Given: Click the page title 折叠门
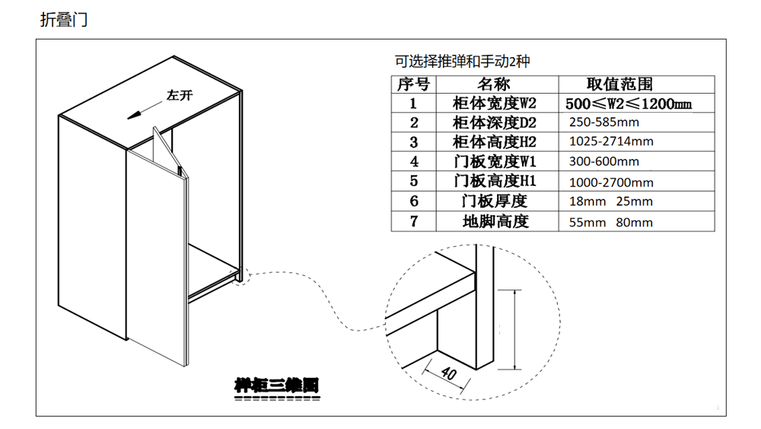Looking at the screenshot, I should point(63,20).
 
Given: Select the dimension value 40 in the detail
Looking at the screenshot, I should point(447,373).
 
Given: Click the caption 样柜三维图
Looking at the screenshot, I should point(276,386).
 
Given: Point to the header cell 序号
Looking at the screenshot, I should point(413,85).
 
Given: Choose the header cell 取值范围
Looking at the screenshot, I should point(619,85).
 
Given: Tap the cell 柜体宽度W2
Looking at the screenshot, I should point(495,104).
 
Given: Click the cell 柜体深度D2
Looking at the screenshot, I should point(495,123).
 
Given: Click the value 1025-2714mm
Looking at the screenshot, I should point(611,142).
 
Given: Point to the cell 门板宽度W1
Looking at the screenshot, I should point(495,162).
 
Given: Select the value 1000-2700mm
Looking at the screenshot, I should point(611,182).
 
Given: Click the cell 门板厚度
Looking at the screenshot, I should point(495,202).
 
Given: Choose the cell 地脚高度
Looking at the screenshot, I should point(495,222).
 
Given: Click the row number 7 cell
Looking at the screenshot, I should point(414,222).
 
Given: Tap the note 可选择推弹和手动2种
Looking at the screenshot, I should point(462,62).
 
